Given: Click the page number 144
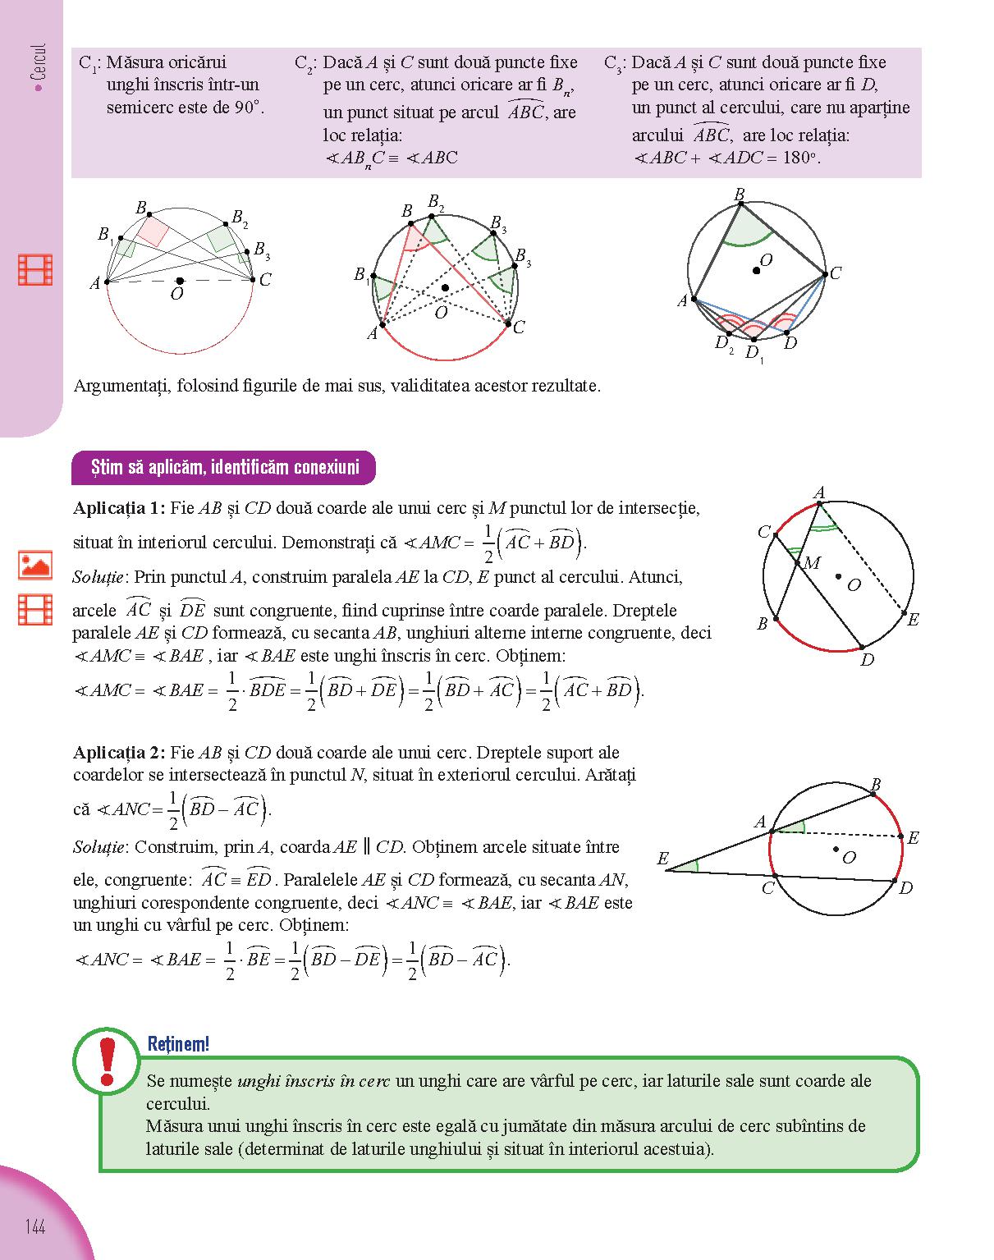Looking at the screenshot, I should pyautogui.click(x=34, y=1227).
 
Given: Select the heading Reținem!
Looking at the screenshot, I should pyautogui.click(x=178, y=1044).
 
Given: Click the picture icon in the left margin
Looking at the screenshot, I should pyautogui.click(x=35, y=565).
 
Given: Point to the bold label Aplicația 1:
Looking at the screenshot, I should pyautogui.click(x=119, y=508).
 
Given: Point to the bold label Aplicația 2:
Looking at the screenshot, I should pyautogui.click(x=119, y=753).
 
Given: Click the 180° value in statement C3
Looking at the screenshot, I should pyautogui.click(x=799, y=158).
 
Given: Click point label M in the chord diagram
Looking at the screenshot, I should pyautogui.click(x=811, y=563).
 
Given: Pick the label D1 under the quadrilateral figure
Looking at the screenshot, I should pyautogui.click(x=753, y=354).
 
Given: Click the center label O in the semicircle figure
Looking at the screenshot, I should pyautogui.click(x=176, y=295).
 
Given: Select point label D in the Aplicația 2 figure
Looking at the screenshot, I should pyautogui.click(x=905, y=888).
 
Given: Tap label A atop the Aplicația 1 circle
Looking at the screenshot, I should pyautogui.click(x=819, y=493).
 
